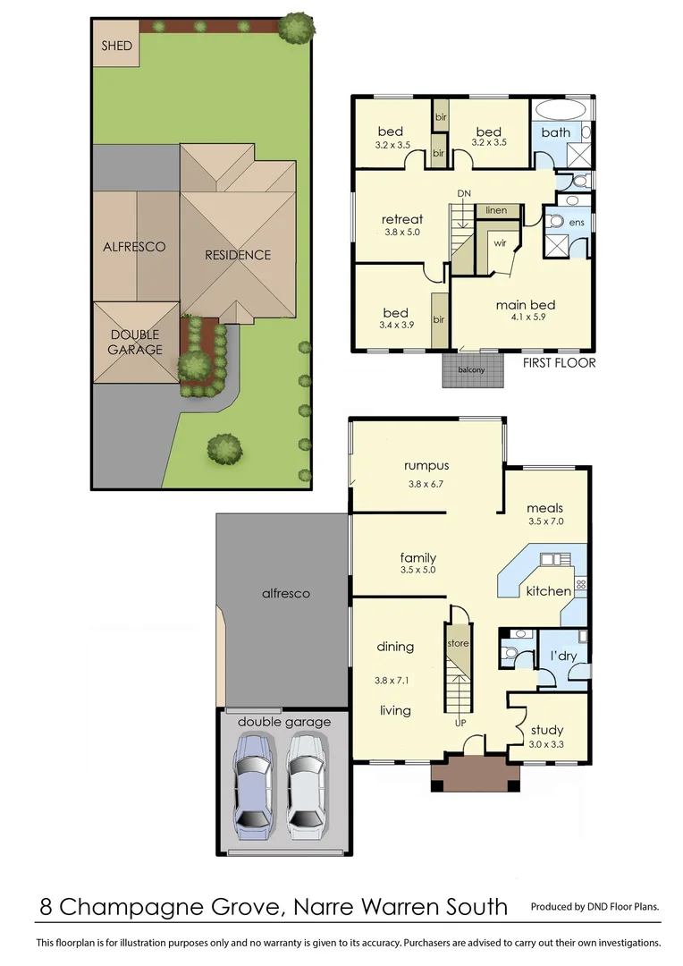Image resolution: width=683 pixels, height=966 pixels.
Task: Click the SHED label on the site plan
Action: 117,46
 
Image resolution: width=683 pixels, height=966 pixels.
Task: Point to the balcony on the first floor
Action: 473,369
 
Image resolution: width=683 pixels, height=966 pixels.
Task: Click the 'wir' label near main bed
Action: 500,241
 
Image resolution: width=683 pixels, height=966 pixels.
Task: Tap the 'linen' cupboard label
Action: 496,210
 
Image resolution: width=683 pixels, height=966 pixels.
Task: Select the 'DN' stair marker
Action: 463,193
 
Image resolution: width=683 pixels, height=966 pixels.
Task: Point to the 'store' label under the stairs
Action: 458,643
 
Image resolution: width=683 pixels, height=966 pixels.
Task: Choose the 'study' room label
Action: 546,730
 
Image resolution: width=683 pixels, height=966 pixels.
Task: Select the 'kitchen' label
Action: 548,591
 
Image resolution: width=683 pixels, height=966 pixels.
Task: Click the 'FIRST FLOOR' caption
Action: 559,363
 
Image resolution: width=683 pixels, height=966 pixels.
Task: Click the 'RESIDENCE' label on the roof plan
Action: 238,255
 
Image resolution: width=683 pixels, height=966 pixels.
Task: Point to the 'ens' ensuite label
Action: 576,222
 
